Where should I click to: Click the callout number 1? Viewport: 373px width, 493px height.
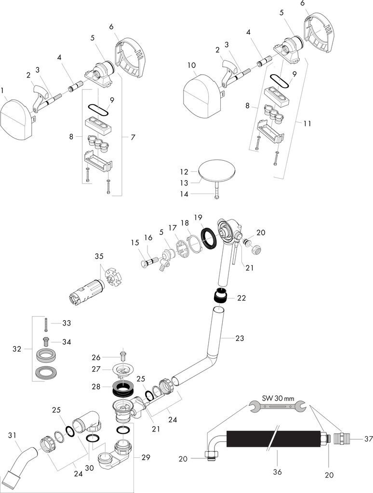point(3,90)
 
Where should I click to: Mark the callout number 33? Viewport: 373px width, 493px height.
point(67,322)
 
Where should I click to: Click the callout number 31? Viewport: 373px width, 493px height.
point(12,435)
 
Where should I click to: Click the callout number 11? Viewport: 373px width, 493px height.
point(307,123)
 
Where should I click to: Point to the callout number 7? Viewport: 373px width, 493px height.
point(133,137)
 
